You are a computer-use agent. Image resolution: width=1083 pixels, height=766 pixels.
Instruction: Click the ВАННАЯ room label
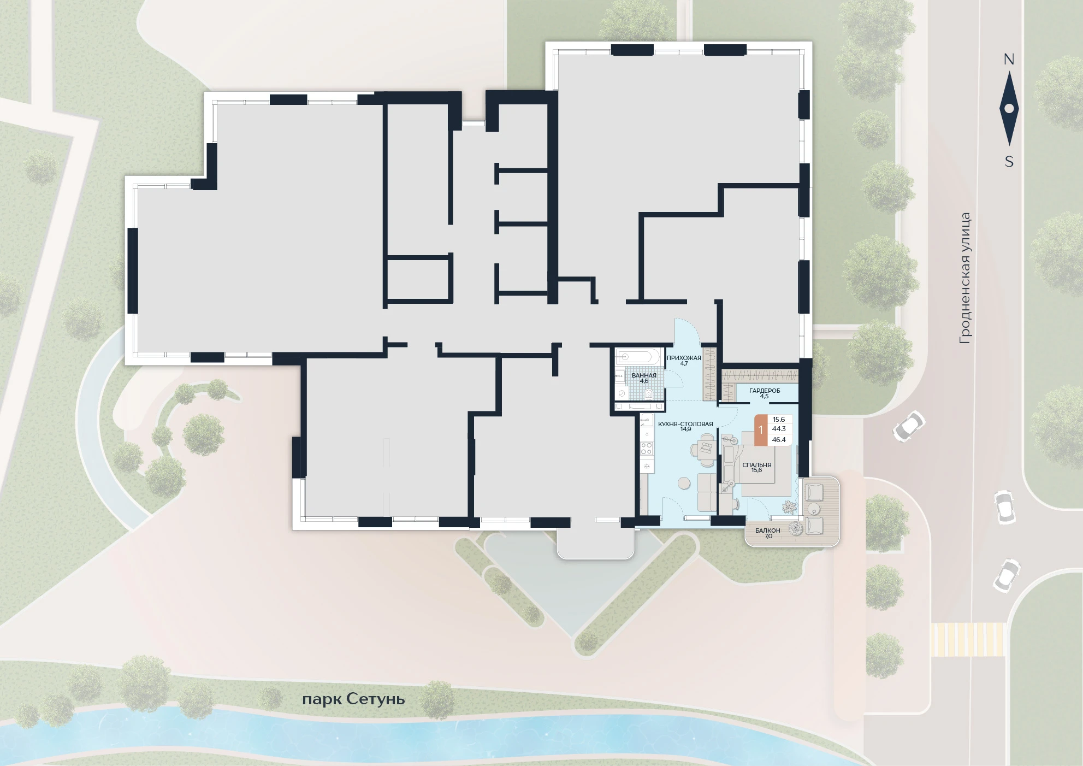pyautogui.click(x=644, y=375)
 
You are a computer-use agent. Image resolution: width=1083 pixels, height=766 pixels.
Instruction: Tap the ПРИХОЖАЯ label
pyautogui.click(x=684, y=358)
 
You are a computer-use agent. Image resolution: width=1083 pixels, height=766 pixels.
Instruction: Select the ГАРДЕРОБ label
pyautogui.click(x=765, y=391)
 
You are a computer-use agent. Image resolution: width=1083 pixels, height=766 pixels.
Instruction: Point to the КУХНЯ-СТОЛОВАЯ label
pyautogui.click(x=685, y=424)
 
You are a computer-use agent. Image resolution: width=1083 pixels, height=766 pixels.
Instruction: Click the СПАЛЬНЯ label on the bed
pyautogui.click(x=757, y=465)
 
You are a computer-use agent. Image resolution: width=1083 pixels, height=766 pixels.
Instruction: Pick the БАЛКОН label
pyautogui.click(x=768, y=531)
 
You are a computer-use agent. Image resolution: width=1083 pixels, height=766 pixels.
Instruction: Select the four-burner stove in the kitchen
pyautogui.click(x=647, y=449)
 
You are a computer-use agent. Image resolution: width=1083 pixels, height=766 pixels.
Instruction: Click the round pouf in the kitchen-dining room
pyautogui.click(x=684, y=483)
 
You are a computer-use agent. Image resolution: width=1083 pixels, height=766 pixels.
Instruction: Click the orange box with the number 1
pyautogui.click(x=761, y=430)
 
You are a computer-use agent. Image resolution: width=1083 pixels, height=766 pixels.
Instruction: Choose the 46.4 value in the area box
pyautogui.click(x=779, y=440)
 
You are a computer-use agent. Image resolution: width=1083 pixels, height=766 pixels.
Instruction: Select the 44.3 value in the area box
pyautogui.click(x=779, y=429)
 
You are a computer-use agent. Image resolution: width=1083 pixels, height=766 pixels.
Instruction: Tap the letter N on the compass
pyautogui.click(x=1009, y=60)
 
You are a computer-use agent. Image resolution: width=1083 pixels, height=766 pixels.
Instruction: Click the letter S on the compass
pyautogui.click(x=1009, y=162)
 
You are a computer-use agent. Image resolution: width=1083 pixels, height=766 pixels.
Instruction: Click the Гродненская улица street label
pyautogui.click(x=965, y=278)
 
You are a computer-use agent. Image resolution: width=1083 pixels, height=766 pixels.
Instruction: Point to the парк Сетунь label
pyautogui.click(x=353, y=700)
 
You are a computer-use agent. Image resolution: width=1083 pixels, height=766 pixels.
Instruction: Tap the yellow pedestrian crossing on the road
pyautogui.click(x=968, y=639)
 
